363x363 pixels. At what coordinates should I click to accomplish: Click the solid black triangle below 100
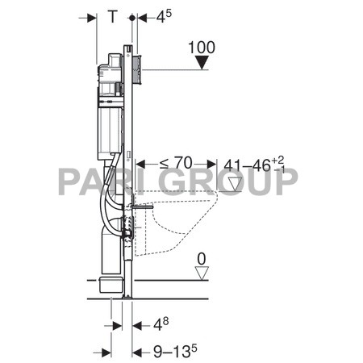[x=202, y=61]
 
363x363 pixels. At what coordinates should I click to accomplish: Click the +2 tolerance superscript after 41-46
[x=278, y=162]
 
